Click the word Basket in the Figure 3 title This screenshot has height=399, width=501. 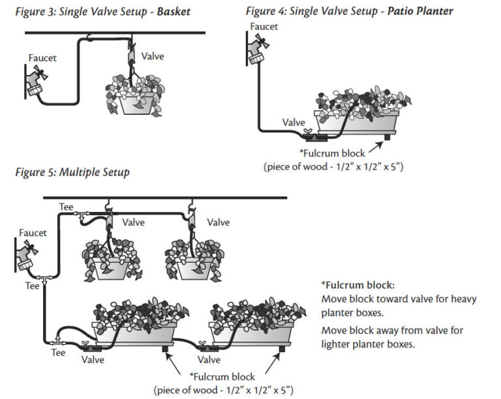tap(174, 11)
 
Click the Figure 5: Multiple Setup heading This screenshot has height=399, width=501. tap(72, 173)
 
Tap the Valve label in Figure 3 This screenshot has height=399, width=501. tap(152, 57)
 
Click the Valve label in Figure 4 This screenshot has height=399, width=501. tap(293, 122)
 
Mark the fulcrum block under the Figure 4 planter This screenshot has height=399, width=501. tap(386, 136)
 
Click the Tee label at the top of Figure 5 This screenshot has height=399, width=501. tap(66, 207)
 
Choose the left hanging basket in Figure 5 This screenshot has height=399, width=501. tap(112, 258)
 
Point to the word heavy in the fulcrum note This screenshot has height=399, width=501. tap(463, 299)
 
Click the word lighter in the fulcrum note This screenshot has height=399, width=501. tap(337, 344)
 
